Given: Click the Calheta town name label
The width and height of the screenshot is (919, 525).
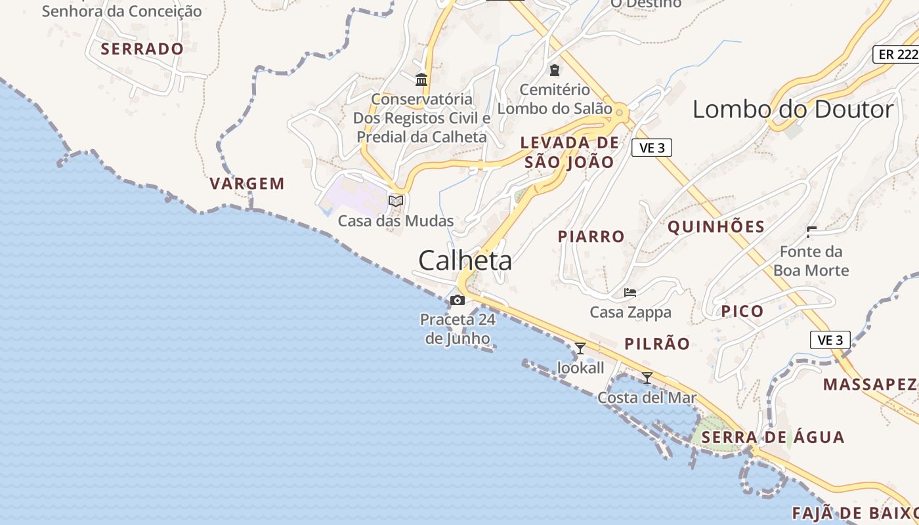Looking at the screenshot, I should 465,261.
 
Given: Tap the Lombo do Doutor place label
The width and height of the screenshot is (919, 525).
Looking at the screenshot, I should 793,109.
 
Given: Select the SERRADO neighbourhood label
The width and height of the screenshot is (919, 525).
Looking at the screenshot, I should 142,49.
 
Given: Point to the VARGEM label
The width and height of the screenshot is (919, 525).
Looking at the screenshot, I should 247,184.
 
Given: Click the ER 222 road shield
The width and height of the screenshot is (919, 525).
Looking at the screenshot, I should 896,54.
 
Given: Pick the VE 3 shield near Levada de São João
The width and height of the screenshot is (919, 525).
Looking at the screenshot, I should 651,148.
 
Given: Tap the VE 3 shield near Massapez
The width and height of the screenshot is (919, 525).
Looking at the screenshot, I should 830,340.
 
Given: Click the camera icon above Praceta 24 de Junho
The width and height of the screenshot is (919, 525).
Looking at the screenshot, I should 458,301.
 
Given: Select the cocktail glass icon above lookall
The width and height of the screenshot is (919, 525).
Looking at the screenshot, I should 580,348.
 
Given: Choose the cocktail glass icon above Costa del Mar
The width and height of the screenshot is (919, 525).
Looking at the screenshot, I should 647,377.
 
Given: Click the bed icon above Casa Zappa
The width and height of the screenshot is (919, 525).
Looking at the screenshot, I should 630,292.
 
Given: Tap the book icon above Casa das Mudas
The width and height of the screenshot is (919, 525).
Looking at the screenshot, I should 396,201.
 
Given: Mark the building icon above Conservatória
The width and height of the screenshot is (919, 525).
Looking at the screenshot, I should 421,80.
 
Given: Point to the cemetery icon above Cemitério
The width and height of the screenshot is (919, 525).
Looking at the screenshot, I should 555,70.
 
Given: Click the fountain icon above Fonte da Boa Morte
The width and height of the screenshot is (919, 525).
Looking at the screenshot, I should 811,231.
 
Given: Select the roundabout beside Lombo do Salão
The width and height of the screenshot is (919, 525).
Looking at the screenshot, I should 620,113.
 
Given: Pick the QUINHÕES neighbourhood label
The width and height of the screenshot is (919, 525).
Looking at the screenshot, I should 716,227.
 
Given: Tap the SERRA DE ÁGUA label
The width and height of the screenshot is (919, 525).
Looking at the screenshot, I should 772,437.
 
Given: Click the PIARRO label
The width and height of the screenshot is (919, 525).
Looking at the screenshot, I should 591,236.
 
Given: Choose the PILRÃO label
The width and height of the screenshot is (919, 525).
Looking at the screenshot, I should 657,344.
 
